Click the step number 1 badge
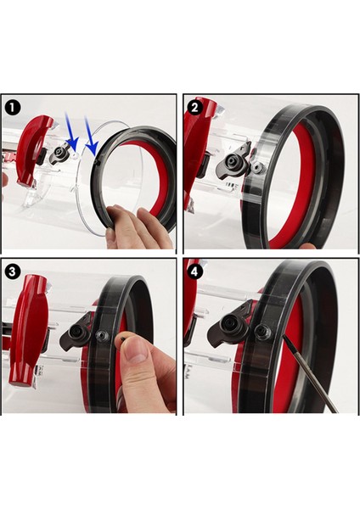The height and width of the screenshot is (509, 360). [x=13, y=107]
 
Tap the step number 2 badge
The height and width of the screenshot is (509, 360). [x=194, y=107]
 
